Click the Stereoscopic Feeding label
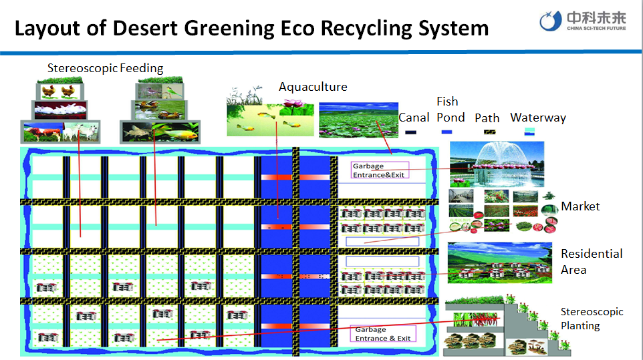pyautogui.click(x=105, y=68)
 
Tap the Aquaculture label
pyautogui.click(x=313, y=87)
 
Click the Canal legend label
pyautogui.click(x=414, y=118)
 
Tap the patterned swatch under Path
pyautogui.click(x=488, y=132)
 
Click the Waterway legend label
pyautogui.click(x=538, y=118)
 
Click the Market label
pyautogui.click(x=580, y=206)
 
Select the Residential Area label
pyautogui.click(x=592, y=262)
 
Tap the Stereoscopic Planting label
pyautogui.click(x=592, y=319)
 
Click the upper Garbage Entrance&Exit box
pyautogui.click(x=379, y=170)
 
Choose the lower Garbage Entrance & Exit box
pyautogui.click(x=382, y=334)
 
